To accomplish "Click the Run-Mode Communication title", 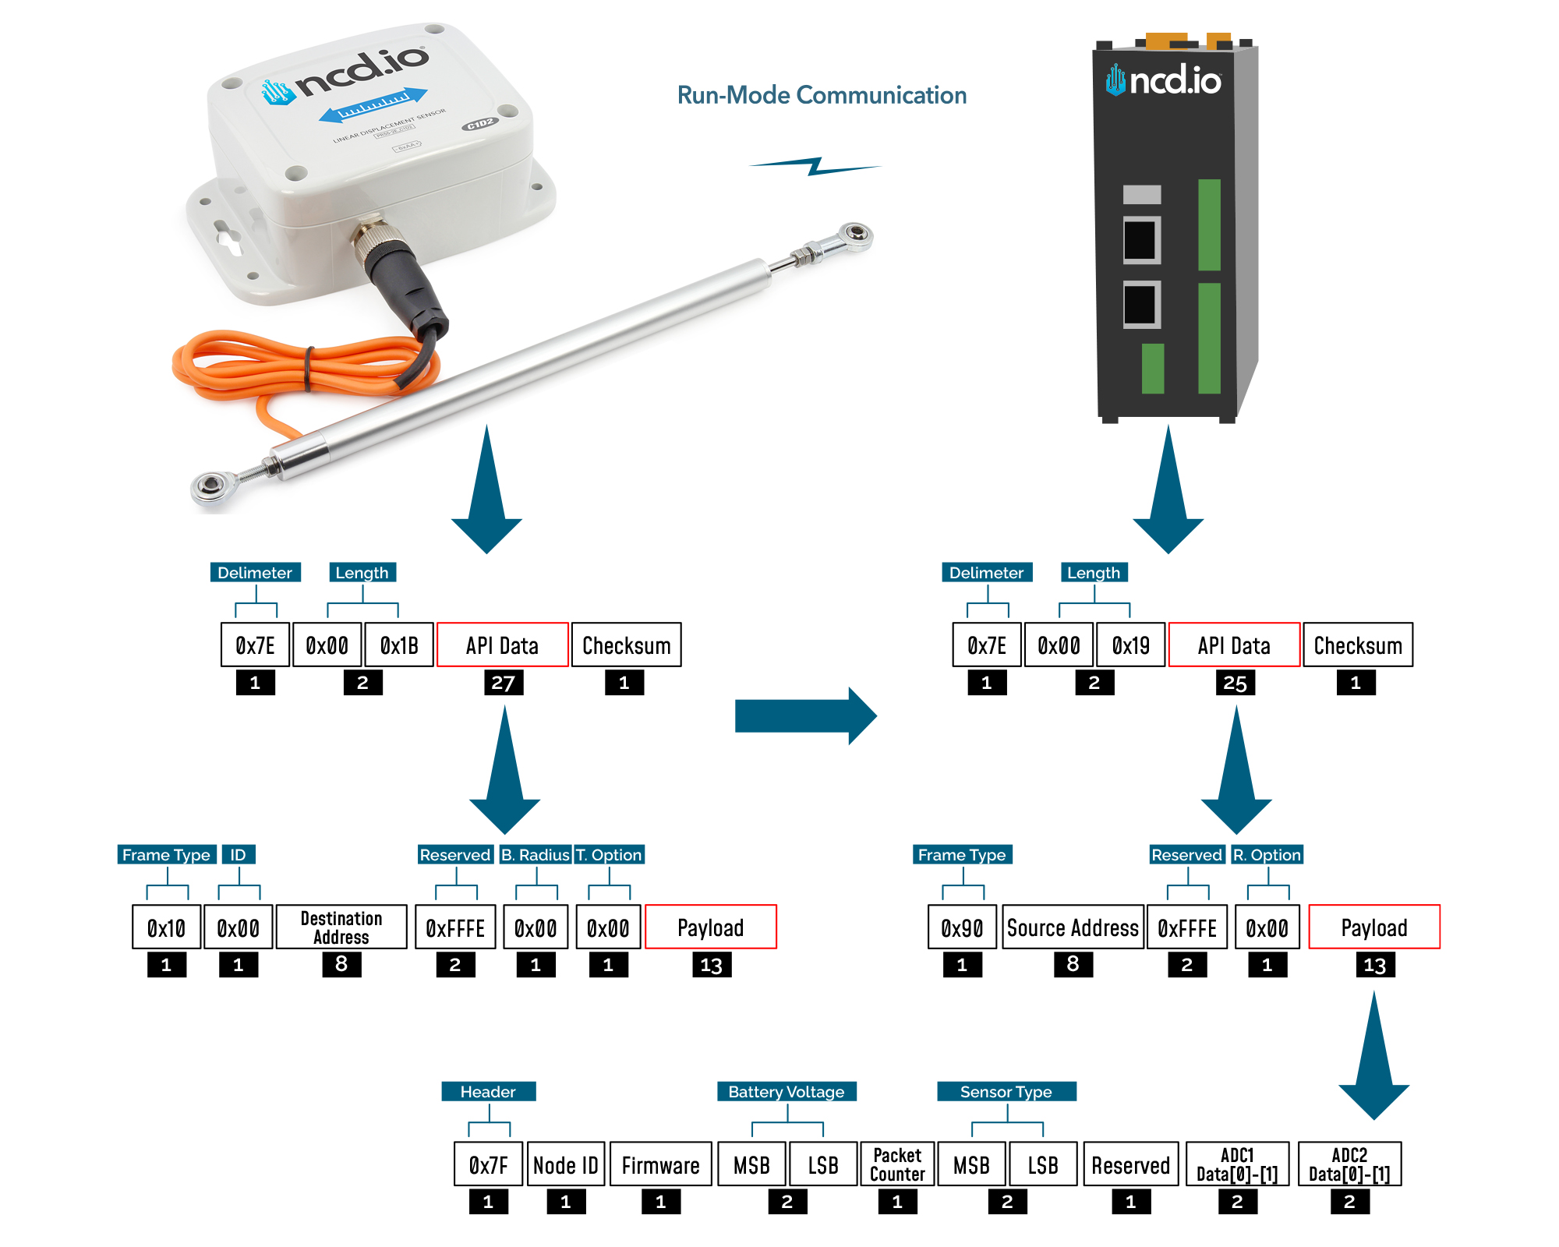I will (822, 95).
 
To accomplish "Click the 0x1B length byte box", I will (398, 645).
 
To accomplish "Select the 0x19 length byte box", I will (1130, 645).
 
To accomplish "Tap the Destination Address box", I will (341, 927).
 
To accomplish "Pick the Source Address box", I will (1073, 927).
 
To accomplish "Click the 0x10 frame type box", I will (166, 927).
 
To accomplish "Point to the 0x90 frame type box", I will (962, 927).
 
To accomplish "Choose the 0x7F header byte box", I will (489, 1164).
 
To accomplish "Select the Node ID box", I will (566, 1164).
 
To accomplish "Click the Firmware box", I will (660, 1164).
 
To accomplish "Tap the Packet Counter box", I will (897, 1164).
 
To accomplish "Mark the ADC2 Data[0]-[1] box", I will (1349, 1164).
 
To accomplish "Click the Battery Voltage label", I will (787, 1091).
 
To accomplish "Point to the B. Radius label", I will (536, 854).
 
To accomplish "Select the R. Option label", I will (1267, 854).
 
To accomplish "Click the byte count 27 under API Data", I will (503, 683).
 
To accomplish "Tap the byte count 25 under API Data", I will (1235, 683).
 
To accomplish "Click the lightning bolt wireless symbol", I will (815, 166).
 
